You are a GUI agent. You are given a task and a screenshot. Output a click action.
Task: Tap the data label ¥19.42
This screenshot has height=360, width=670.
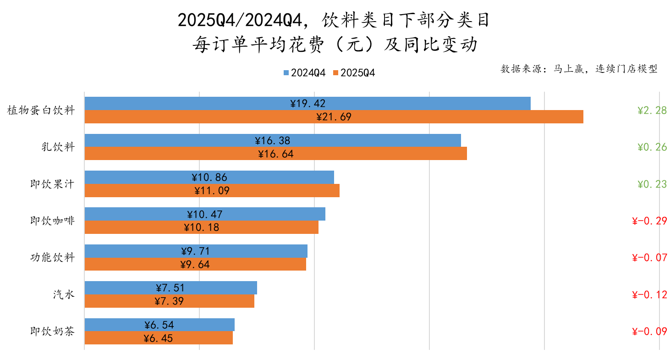tap(308, 104)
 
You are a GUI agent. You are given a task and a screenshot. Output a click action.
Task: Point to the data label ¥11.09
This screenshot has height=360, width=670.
tap(212, 191)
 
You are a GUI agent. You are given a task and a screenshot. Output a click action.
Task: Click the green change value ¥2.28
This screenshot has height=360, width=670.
tap(652, 111)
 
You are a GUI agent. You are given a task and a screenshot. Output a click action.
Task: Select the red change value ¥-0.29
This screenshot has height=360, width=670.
tap(649, 221)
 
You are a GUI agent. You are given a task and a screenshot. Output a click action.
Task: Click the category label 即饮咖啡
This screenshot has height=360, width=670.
tap(52, 221)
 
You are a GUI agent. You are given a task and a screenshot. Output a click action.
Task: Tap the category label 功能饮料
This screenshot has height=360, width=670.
tap(52, 258)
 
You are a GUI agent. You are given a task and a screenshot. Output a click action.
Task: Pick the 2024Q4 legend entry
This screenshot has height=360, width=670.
tap(305, 73)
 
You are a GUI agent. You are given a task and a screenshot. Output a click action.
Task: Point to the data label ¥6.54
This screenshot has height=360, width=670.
tap(159, 325)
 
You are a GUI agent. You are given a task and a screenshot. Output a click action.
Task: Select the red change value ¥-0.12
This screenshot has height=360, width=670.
tap(649, 295)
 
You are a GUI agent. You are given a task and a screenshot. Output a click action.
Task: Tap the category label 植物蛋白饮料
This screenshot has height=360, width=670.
tap(41, 111)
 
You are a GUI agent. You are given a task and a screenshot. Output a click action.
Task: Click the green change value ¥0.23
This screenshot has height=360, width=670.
tap(652, 184)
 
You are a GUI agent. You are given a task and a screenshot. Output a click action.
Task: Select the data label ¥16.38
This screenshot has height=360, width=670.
tap(273, 140)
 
